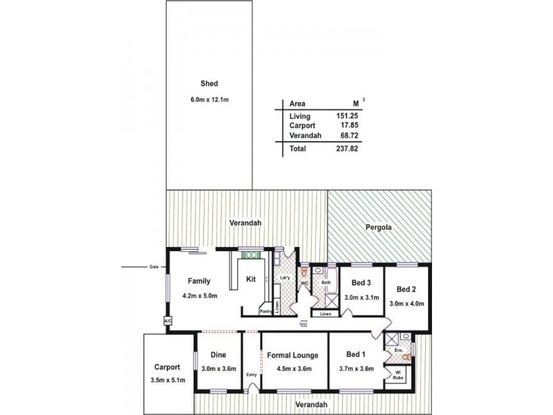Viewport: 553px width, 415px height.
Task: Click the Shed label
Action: coord(209,84)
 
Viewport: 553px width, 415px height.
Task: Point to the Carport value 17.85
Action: coord(349,126)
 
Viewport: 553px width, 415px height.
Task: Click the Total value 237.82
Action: coord(347,148)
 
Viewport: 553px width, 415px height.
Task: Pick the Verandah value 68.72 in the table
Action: coord(349,136)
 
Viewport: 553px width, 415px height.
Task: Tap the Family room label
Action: coord(199,281)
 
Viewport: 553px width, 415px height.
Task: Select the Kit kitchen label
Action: coord(251,280)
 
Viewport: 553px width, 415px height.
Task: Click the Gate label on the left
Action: coord(153,266)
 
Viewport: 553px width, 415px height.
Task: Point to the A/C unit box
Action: coord(167,321)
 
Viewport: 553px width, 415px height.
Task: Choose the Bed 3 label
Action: coord(362,282)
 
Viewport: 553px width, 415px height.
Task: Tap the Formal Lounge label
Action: coord(294,356)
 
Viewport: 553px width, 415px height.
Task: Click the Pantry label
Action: coord(265,311)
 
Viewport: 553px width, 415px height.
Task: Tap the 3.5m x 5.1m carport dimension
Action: coord(168,380)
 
